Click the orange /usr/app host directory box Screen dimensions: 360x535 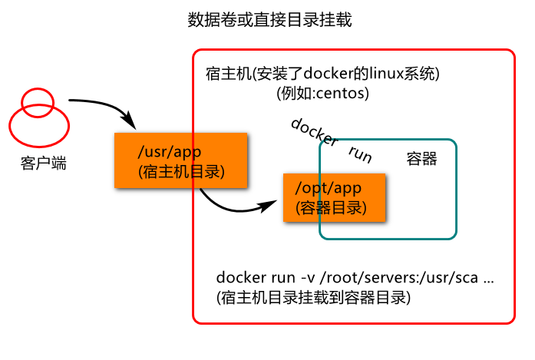tap(180, 160)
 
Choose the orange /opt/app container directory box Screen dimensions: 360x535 tap(333, 197)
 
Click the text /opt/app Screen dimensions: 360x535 tap(328, 188)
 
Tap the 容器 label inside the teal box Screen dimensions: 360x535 tap(421, 159)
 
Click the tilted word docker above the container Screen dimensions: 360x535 tap(314, 132)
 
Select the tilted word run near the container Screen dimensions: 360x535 tap(360, 154)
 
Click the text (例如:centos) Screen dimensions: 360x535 tap(323, 94)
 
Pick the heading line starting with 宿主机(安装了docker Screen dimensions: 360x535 tap(322, 74)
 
